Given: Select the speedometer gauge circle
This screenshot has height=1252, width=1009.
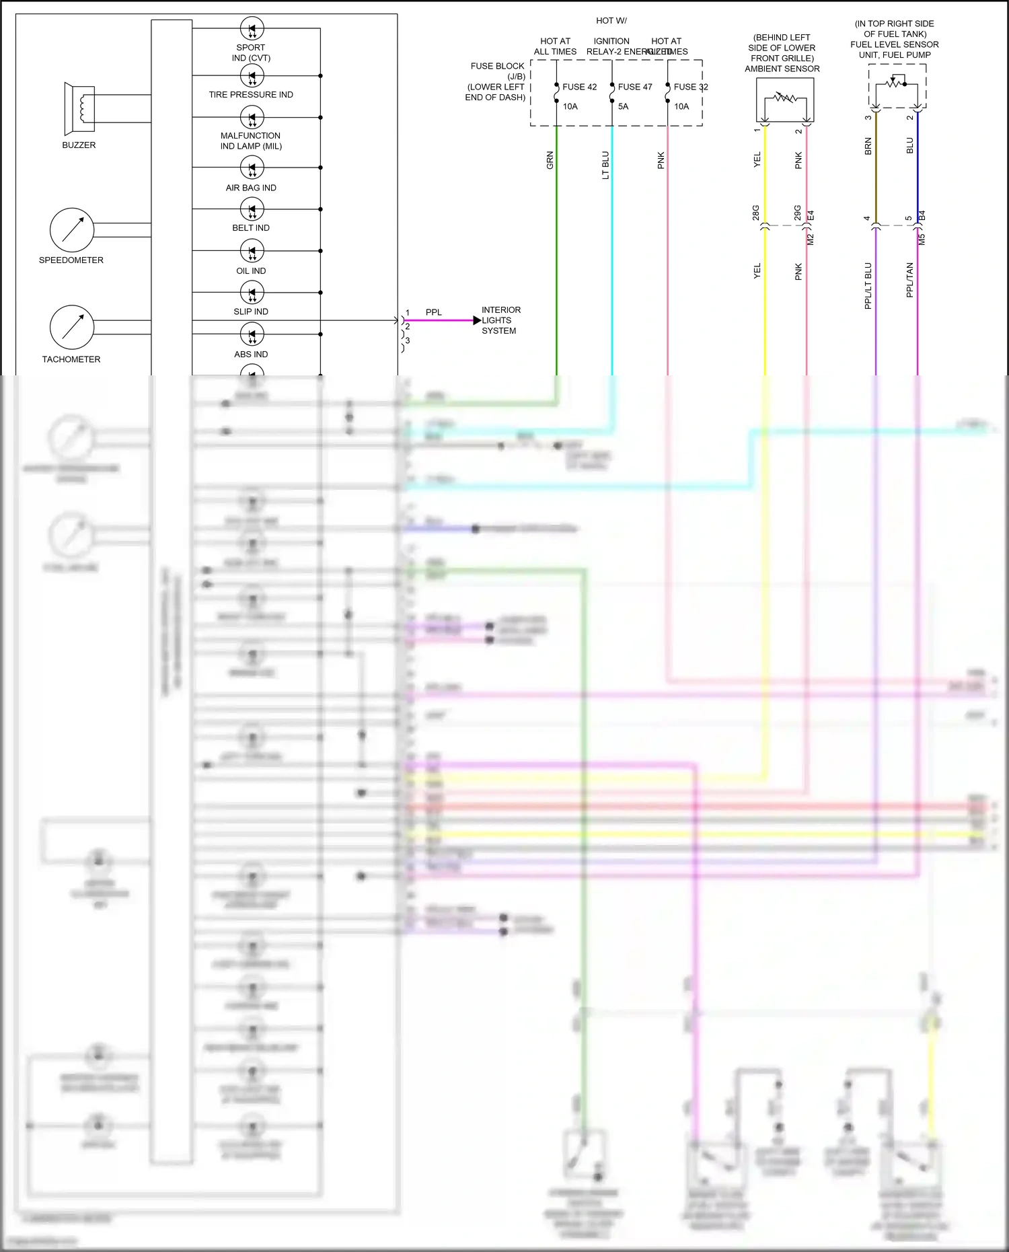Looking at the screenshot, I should [x=72, y=229].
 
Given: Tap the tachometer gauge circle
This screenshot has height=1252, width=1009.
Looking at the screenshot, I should [x=72, y=327].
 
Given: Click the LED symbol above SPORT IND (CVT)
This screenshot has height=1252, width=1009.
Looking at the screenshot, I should [x=252, y=29].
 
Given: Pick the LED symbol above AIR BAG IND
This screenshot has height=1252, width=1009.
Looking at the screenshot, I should [x=252, y=168].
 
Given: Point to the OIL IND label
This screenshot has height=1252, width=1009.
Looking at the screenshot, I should [x=251, y=271].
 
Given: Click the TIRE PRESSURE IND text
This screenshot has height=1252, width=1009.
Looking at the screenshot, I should [x=251, y=95].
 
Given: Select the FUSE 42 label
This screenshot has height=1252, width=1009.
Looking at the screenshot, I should [x=579, y=87].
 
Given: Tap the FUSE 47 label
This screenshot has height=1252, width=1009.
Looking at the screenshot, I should [x=635, y=87].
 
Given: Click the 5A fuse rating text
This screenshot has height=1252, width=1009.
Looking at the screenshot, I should [x=623, y=106].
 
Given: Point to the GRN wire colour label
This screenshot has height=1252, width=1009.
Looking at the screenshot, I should [x=550, y=160].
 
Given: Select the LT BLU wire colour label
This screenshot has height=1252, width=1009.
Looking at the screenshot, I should [x=605, y=165].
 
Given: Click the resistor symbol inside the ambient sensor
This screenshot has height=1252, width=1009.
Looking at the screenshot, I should [x=784, y=98].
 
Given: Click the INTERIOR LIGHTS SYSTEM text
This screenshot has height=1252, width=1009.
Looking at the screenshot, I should [x=500, y=320].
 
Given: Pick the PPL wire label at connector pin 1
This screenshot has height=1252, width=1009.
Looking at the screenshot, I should [x=434, y=312].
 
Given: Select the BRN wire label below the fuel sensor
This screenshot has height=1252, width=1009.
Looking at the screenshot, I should [x=868, y=147].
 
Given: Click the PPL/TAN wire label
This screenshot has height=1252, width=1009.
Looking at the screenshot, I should [x=909, y=280].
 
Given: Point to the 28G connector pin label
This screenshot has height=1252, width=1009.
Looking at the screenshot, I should [x=755, y=213].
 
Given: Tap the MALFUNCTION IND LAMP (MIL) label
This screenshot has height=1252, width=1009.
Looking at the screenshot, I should [x=251, y=141].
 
